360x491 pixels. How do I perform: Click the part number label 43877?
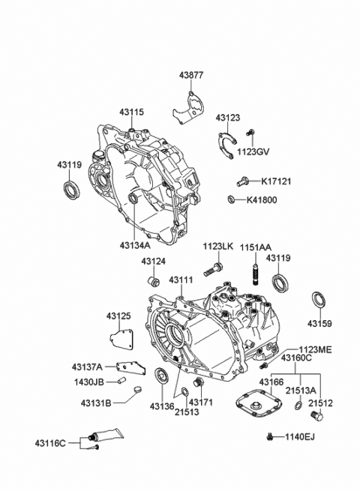191,74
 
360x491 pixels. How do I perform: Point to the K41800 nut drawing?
232,199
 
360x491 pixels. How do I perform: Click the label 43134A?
135,244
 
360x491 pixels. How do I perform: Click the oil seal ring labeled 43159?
318,301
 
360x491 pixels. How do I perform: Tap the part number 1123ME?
314,349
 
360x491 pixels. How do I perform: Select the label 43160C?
297,358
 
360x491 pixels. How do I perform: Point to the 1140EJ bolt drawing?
269,436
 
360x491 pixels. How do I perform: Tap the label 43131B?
96,403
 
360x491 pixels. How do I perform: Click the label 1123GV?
252,151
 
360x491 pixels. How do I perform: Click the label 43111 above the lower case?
181,280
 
